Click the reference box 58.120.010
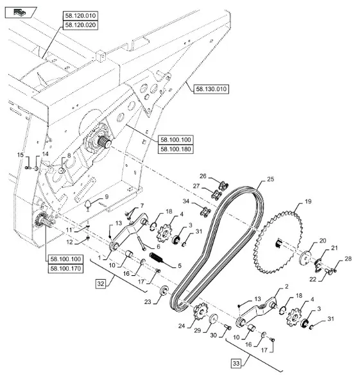pyautogui.click(x=80, y=16)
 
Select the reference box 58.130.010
pyautogui.click(x=211, y=89)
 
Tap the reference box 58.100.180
pyautogui.click(x=176, y=149)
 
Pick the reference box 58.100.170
pyautogui.click(x=65, y=269)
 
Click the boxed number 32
pyautogui.click(x=101, y=284)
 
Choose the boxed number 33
pyautogui.click(x=236, y=364)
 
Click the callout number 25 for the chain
pyautogui.click(x=270, y=179)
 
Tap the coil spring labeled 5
pyautogui.click(x=156, y=257)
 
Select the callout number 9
pyautogui.click(x=107, y=197)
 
